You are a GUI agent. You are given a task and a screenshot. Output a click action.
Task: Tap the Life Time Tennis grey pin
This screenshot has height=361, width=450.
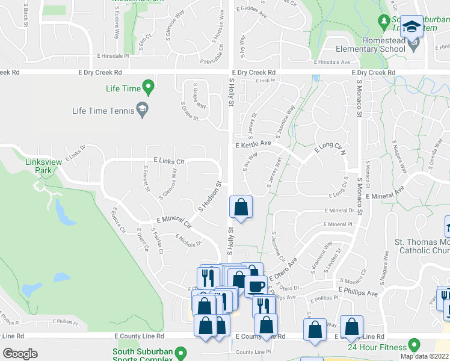tap(142, 109)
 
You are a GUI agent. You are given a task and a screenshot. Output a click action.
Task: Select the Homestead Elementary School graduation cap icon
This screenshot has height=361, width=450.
tap(412, 27)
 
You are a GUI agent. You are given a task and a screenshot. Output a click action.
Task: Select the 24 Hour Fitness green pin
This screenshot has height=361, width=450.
tap(413, 345)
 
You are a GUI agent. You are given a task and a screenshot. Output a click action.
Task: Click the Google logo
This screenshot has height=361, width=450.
tap(20, 353)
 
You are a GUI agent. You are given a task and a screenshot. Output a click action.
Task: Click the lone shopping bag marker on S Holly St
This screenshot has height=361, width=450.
tap(241, 207)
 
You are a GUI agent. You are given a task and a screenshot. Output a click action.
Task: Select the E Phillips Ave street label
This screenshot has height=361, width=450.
tap(357, 292)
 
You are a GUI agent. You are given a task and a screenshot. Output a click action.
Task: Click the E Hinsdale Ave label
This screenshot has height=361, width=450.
tap(331, 62)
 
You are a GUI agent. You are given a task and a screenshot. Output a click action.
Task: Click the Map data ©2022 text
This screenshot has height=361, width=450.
tap(425, 356)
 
